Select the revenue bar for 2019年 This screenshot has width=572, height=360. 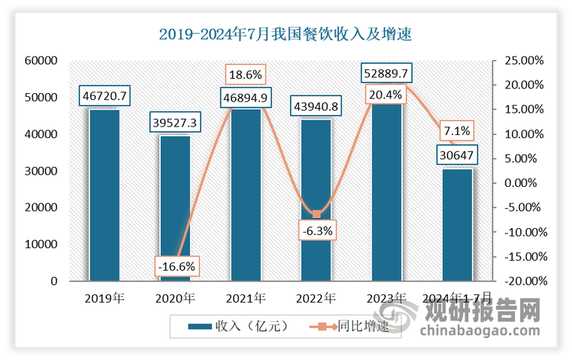[x=104, y=194]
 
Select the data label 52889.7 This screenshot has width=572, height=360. [x=387, y=73]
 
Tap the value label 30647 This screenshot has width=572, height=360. [x=458, y=156]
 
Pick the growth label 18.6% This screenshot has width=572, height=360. [x=246, y=75]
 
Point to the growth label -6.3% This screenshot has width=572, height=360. [x=316, y=230]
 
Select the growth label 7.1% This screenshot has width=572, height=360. [x=456, y=130]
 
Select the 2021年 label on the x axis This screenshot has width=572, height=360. [x=246, y=298]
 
